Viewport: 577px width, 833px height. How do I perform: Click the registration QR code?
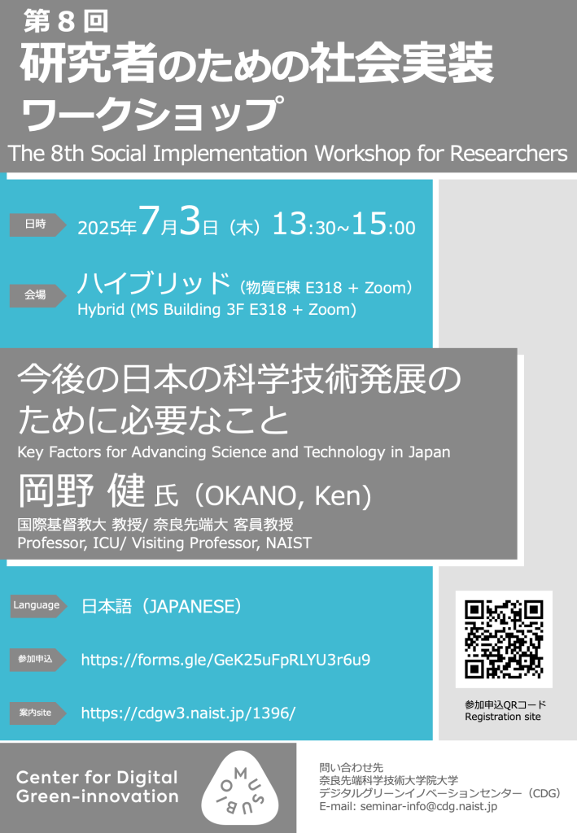coord(504,639)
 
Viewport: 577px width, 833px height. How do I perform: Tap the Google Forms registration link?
coord(225,660)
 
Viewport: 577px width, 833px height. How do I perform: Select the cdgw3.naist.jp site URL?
coord(188,713)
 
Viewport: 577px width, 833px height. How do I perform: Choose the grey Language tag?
coord(38,605)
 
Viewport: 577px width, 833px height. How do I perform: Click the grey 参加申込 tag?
coord(37,659)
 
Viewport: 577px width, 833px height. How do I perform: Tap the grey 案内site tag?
coord(37,713)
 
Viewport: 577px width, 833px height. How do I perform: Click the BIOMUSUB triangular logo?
coord(240,787)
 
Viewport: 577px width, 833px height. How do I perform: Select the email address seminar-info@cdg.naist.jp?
coord(429,806)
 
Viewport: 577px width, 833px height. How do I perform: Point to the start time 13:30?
coord(304,225)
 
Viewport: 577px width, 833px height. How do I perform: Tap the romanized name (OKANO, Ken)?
coord(282,495)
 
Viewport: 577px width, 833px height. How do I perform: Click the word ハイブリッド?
coord(154,283)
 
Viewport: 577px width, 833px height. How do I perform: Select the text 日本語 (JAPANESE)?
coord(161,606)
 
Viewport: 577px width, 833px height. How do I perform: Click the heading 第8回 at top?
coord(66,22)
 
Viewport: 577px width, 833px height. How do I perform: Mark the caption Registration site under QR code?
coord(503,717)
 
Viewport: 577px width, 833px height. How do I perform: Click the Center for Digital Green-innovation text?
coord(97,787)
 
